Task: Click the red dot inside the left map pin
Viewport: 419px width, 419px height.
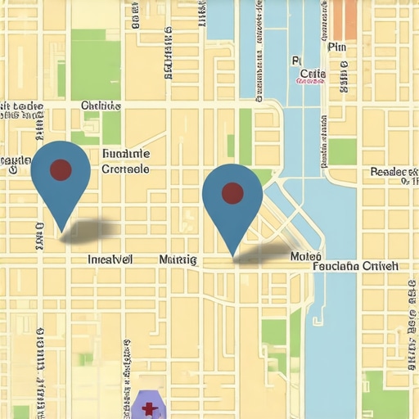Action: point(61,169)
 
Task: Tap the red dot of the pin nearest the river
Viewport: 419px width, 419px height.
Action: point(232,193)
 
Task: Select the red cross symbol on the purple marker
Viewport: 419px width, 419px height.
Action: point(149,408)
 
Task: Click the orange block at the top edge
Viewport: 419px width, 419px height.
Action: point(345,20)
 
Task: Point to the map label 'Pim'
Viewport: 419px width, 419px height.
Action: point(336,47)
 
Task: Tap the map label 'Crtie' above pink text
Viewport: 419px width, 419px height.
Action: point(312,74)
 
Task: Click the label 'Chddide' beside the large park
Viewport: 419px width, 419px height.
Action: point(101,106)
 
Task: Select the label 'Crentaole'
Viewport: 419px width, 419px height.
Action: point(125,169)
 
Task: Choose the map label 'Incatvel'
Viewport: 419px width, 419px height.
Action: point(110,259)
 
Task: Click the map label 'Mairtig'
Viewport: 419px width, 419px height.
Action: point(178,259)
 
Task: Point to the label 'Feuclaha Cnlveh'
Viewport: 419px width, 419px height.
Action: point(355,266)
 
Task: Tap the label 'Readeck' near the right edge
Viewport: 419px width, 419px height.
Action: point(394,172)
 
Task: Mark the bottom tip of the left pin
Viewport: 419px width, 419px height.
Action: point(61,230)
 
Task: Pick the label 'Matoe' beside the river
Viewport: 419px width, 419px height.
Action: point(300,256)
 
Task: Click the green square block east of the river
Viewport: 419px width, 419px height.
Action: point(343,151)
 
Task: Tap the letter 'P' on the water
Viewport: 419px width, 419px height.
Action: point(295,61)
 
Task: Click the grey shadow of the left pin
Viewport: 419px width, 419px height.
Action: point(90,232)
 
